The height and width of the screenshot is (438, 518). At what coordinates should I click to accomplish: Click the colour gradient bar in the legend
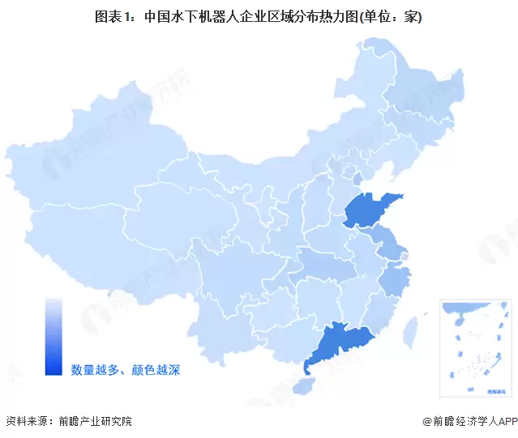coord(54,337)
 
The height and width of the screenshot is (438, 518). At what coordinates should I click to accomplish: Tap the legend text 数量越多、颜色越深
coord(125,370)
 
